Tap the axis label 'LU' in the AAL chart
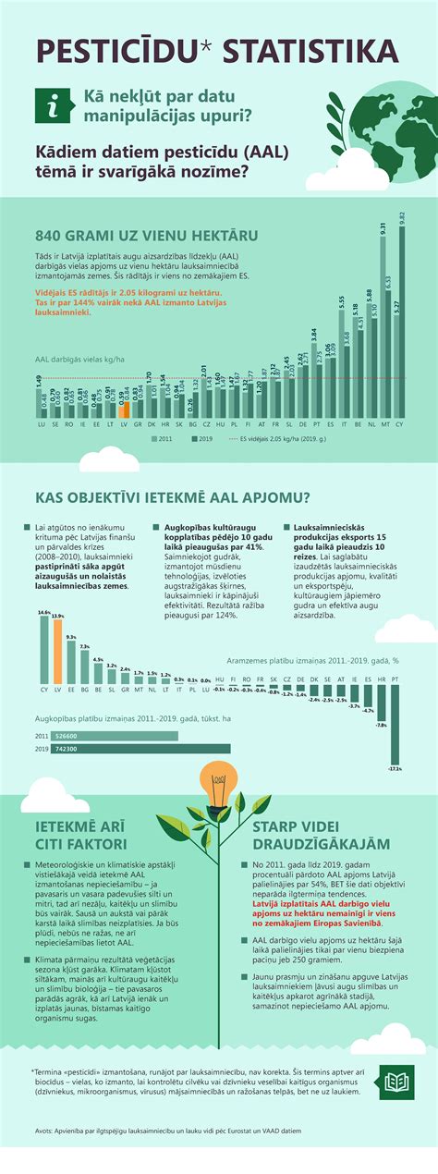[x=40, y=425]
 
